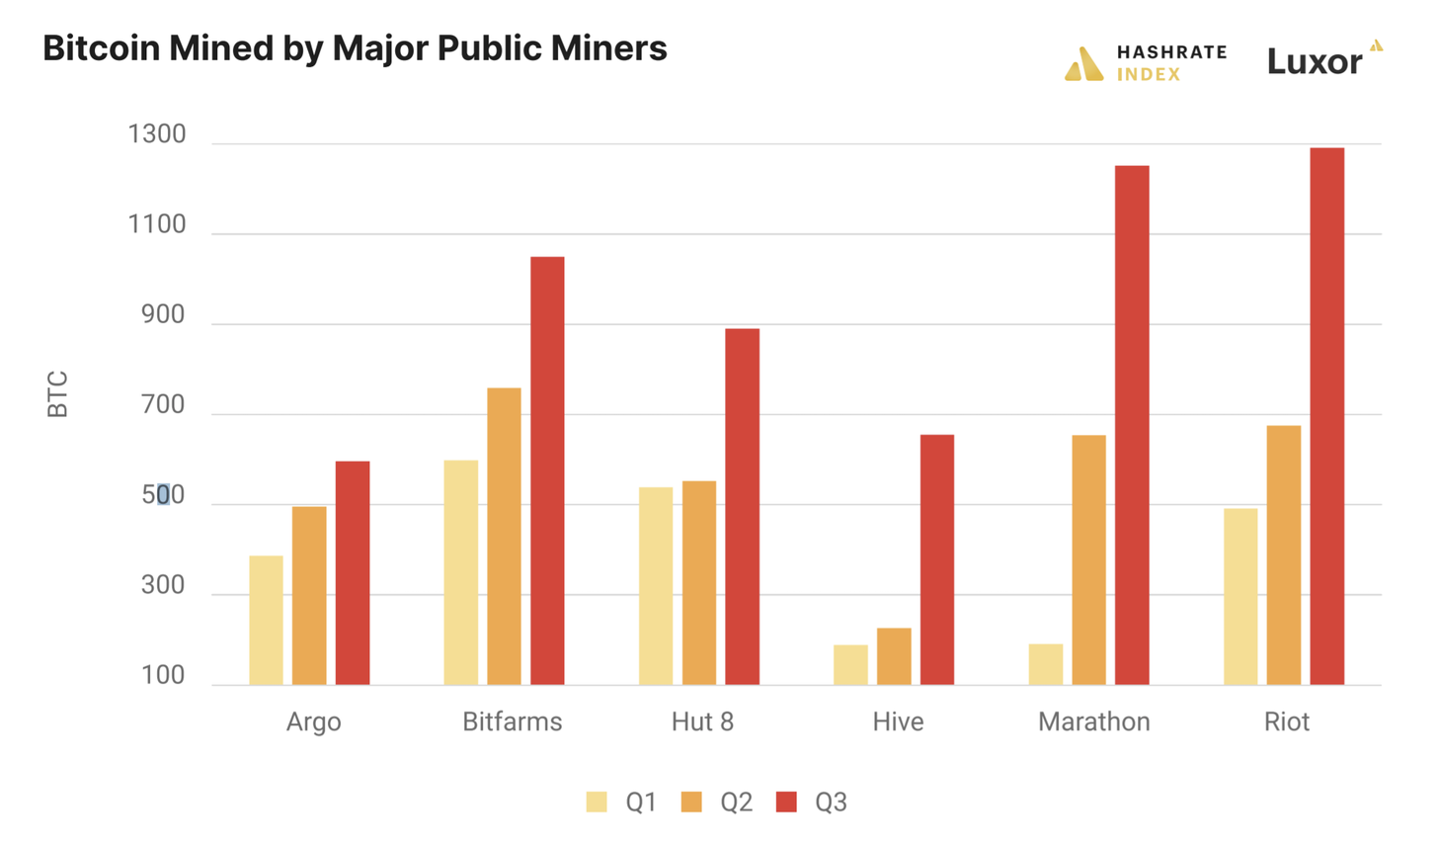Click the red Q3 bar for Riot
coord(1326,416)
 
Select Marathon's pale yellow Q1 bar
coord(1045,664)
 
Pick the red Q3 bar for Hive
coord(936,559)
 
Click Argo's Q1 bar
coord(266,620)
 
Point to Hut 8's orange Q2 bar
coord(699,582)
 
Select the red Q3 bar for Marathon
coord(1132,425)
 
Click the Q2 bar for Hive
coord(894,656)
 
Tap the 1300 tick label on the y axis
coord(157,134)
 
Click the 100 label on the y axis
coord(163,676)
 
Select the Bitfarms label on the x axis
coord(512,721)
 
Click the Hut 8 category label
coord(702,721)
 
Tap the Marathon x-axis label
coord(1093,721)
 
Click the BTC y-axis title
coord(58,393)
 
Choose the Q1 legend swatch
coord(597,802)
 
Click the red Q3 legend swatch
coord(786,802)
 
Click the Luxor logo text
coord(1315,61)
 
